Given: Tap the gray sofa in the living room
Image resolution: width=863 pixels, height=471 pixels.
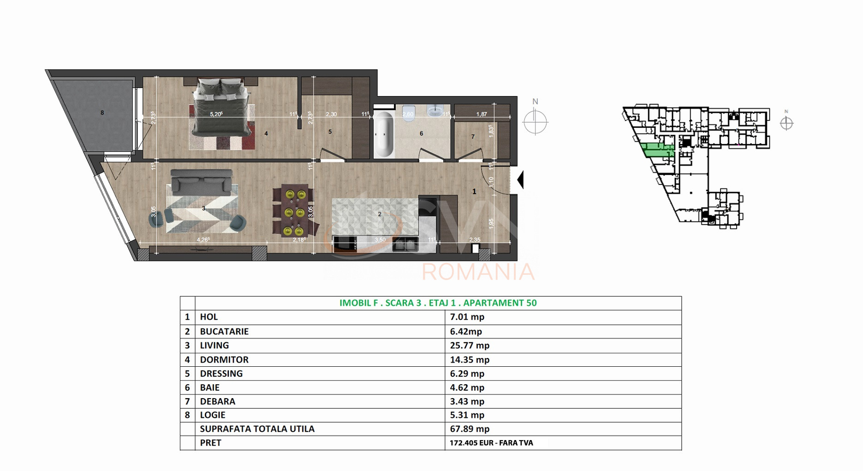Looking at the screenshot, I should click(x=201, y=181).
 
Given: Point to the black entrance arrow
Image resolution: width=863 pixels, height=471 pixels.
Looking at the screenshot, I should click(x=520, y=180).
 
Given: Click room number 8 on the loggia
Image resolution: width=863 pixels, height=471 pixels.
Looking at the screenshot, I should click(x=102, y=113).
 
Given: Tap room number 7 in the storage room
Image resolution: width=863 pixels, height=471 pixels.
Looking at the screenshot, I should click(x=473, y=137).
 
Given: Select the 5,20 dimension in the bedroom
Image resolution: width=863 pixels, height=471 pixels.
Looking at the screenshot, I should click(x=216, y=114).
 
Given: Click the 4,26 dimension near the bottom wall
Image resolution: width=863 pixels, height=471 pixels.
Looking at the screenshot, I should click(x=203, y=239).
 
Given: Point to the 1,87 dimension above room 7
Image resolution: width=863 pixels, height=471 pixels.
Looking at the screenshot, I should click(x=482, y=114).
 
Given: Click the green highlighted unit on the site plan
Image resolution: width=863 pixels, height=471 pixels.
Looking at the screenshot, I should click(x=657, y=150).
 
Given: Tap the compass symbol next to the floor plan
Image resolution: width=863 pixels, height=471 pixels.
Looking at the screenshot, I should click(x=535, y=122).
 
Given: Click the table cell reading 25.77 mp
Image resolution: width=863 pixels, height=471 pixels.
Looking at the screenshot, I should click(x=470, y=346).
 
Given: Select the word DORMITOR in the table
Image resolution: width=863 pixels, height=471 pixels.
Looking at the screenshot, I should click(x=224, y=359).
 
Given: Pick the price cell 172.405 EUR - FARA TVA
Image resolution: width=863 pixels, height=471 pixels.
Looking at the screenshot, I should click(x=491, y=443).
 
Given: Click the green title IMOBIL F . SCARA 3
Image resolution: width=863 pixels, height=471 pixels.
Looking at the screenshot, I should click(x=438, y=303).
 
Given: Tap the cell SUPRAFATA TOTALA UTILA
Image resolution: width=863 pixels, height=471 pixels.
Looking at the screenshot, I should click(x=257, y=429).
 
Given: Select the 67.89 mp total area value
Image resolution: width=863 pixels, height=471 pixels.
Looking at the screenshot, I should click(x=470, y=429).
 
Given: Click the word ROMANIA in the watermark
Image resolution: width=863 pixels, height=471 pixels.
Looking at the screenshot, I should click(x=478, y=272).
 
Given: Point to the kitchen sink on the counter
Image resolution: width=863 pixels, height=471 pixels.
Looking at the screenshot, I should click(x=405, y=244).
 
